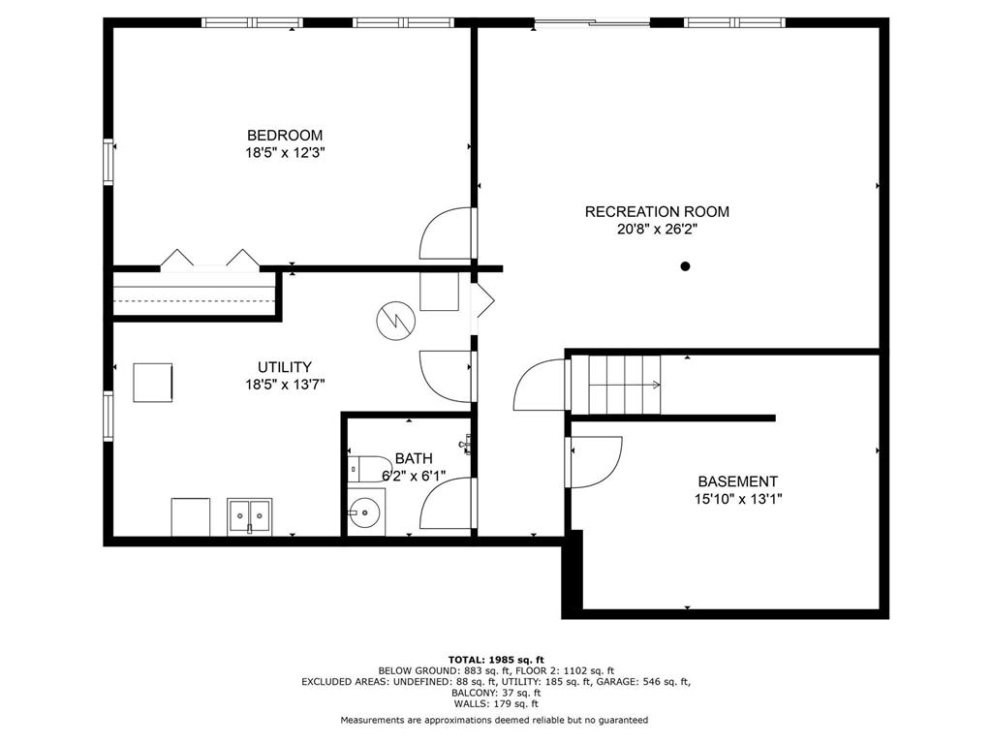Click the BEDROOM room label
click(285, 136)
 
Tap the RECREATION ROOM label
click(657, 212)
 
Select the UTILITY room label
click(285, 367)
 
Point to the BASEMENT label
click(737, 481)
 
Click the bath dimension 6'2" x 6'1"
click(414, 476)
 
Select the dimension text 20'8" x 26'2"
click(657, 229)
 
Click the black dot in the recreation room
click(685, 266)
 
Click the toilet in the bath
click(370, 469)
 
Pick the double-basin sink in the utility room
click(250, 515)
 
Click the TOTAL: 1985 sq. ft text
click(496, 660)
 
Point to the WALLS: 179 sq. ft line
click(496, 703)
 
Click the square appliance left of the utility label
click(152, 382)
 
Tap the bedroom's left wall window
click(108, 162)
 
